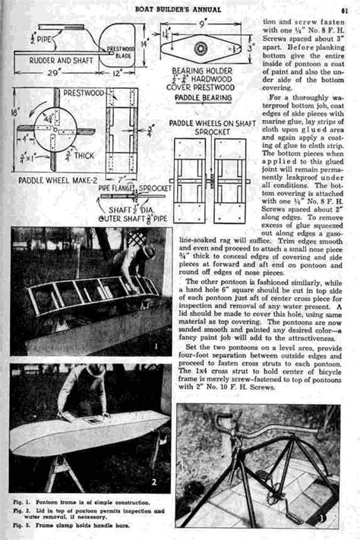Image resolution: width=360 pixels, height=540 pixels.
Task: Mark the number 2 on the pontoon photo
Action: [153, 481]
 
